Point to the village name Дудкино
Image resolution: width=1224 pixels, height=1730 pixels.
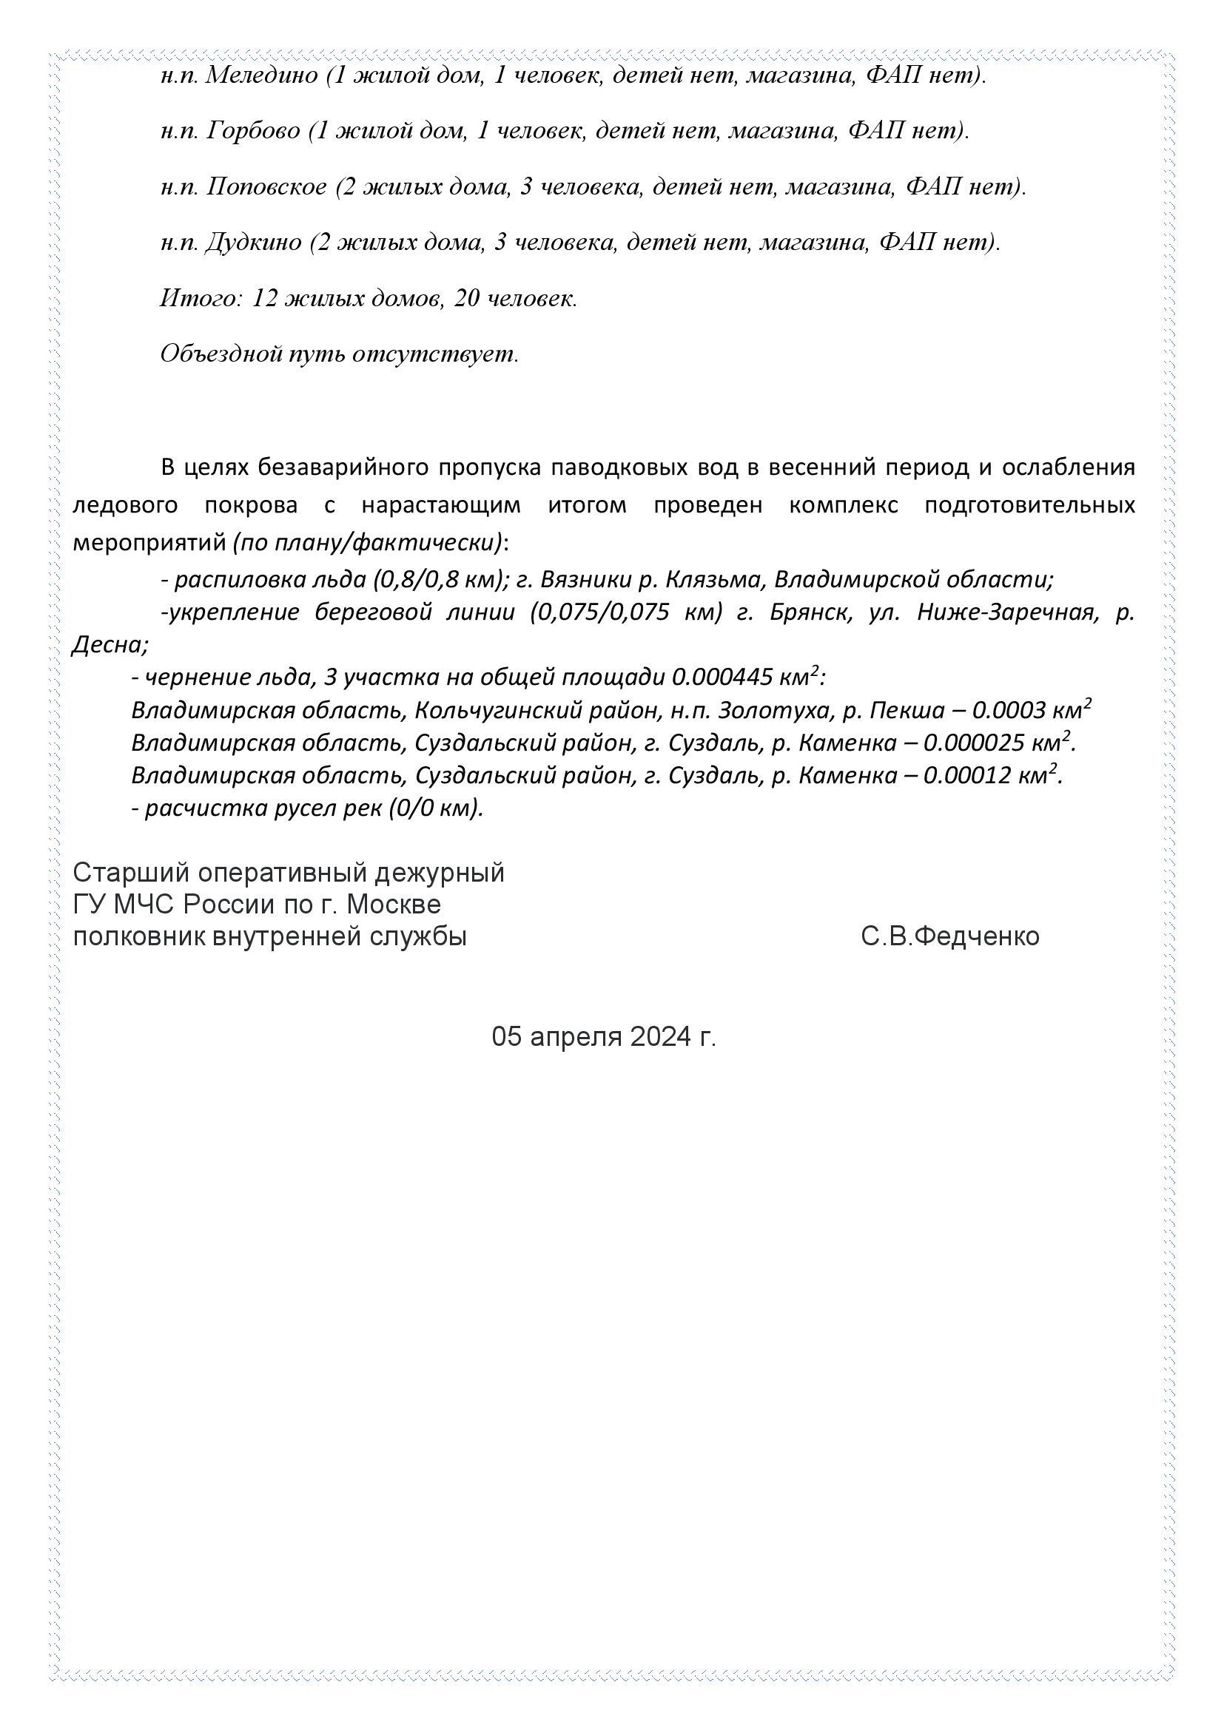pyautogui.click(x=252, y=243)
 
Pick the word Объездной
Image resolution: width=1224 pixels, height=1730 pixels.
pyautogui.click(x=221, y=354)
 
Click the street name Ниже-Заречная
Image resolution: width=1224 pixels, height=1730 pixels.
pyautogui.click(x=1005, y=612)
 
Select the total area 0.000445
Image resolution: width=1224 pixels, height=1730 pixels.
pyautogui.click(x=722, y=678)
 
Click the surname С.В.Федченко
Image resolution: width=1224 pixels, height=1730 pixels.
pyautogui.click(x=949, y=936)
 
